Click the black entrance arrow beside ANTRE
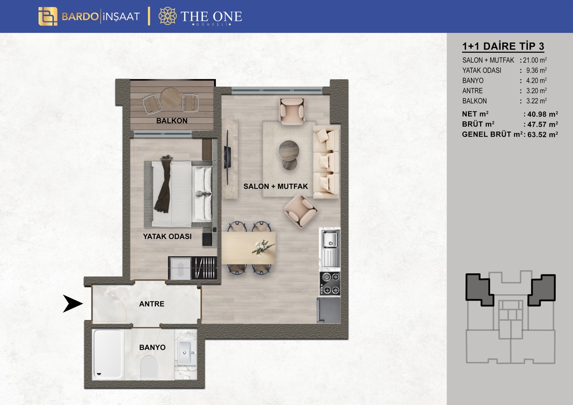(x=73, y=304)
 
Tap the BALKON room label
(x=172, y=121)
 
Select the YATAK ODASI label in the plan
(x=167, y=236)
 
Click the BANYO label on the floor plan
(x=152, y=347)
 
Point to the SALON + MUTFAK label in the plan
(x=275, y=186)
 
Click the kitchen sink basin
(x=330, y=239)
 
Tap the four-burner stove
(x=330, y=284)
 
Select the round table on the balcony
(x=170, y=99)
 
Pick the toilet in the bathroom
(x=149, y=367)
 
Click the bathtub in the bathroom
(x=108, y=354)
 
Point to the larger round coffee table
(x=289, y=151)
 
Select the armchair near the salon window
(x=291, y=112)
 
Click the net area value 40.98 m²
(x=543, y=114)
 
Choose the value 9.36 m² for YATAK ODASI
(x=536, y=70)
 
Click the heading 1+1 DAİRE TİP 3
(x=503, y=46)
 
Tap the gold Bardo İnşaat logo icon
(x=48, y=17)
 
